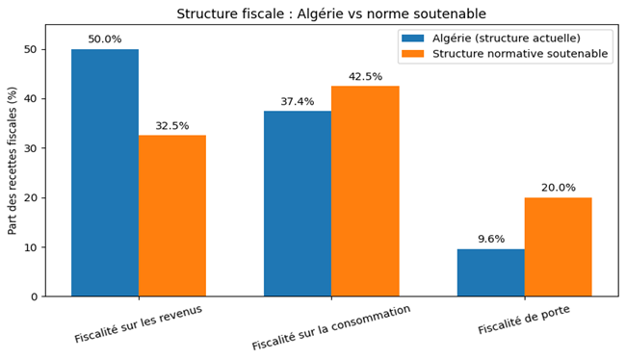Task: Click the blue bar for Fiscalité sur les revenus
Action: (x=104, y=173)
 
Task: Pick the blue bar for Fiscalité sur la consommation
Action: (x=298, y=204)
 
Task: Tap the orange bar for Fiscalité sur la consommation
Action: (x=365, y=192)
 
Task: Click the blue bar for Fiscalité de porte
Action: (x=490, y=272)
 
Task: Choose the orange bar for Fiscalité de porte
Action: (x=558, y=247)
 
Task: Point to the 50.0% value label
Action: (x=104, y=39)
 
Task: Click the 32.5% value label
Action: (x=172, y=126)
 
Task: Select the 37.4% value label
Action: (x=298, y=102)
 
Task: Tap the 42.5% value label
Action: (x=365, y=77)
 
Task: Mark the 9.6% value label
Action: (x=490, y=240)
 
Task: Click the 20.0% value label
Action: (x=558, y=188)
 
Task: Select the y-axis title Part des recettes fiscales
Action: (x=13, y=160)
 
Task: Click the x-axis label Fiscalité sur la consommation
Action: (x=331, y=327)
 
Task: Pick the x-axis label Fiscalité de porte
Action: (x=523, y=320)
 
